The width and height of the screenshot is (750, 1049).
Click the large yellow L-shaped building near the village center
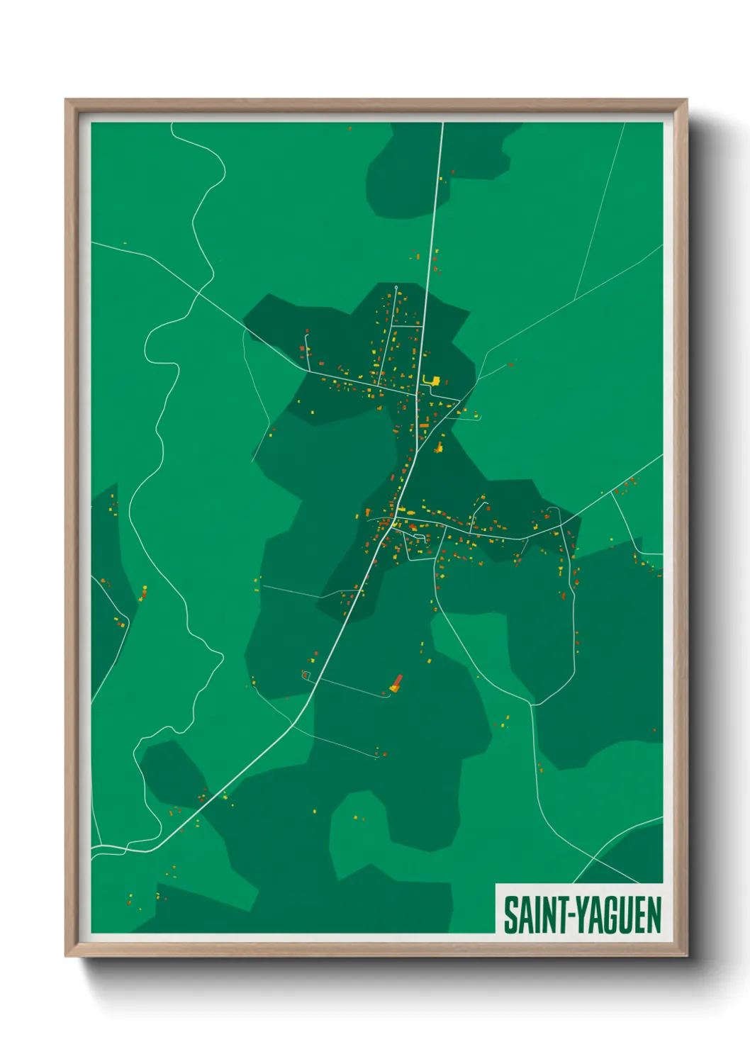click(x=431, y=381)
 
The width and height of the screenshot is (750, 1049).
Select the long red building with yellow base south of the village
click(x=396, y=683)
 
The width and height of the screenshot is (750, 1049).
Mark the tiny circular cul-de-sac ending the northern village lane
click(x=396, y=287)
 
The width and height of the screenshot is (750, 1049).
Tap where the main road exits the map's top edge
click(x=443, y=123)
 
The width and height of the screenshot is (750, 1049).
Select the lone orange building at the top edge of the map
click(x=349, y=128)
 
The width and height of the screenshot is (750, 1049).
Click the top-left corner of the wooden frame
click(x=66, y=100)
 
